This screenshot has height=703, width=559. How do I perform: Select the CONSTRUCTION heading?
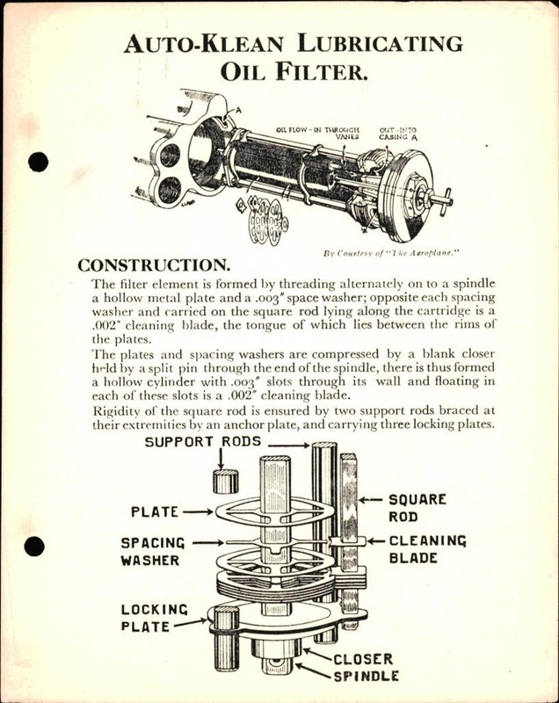(155, 265)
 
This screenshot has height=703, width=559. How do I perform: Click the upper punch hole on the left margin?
(37, 163)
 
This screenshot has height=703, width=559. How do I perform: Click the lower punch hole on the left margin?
(34, 547)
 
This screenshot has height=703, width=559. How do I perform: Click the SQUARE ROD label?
(417, 508)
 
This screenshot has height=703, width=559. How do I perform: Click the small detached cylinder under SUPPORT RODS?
(225, 481)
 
